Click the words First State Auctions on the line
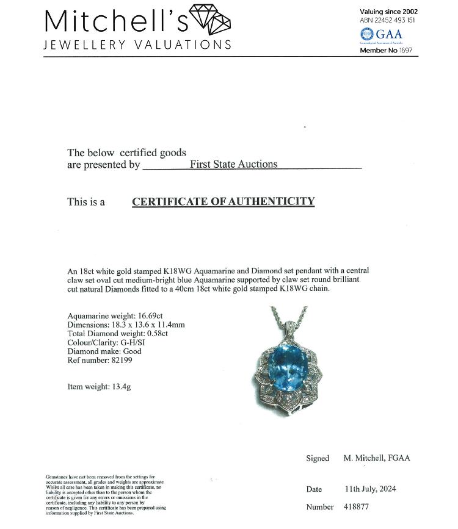233,164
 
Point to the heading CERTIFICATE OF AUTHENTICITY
223,201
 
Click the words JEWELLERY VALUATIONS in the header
137,45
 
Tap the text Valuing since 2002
389,11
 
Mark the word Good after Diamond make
132,351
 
